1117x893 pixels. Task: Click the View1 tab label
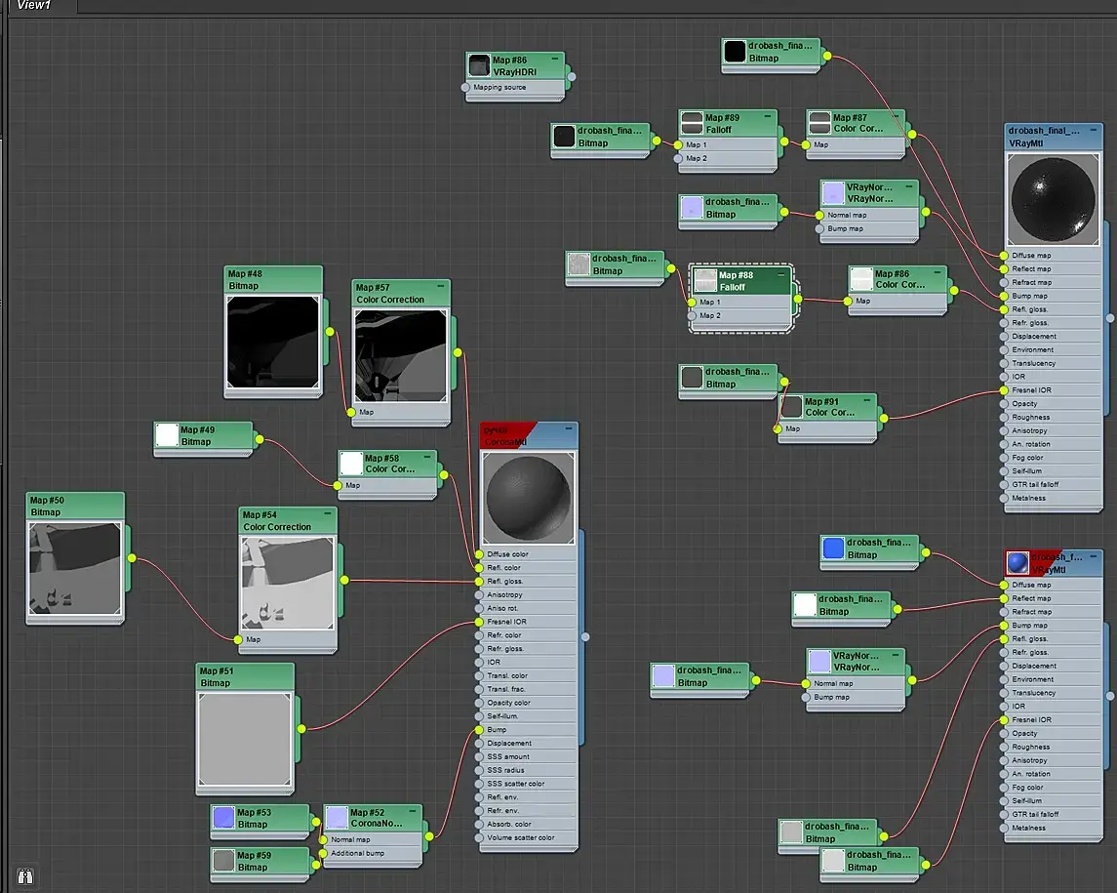tap(35, 6)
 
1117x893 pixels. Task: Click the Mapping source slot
tap(499, 88)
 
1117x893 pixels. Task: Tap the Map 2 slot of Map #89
tap(697, 158)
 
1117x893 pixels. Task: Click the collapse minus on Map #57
tap(441, 287)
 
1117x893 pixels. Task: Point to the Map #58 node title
tap(389, 463)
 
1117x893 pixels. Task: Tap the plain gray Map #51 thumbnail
tap(245, 739)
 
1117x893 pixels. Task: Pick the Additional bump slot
tap(357, 853)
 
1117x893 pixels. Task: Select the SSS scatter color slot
tap(515, 784)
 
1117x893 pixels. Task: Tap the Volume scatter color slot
tap(520, 837)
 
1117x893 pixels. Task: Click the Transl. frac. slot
tap(507, 689)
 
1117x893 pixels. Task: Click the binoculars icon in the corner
tap(25, 875)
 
